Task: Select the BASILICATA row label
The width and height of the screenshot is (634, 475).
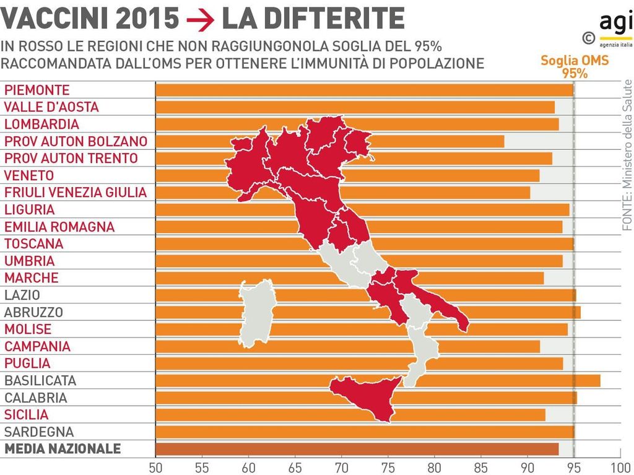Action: (x=40, y=380)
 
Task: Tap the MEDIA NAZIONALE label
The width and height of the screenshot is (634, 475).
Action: (x=63, y=449)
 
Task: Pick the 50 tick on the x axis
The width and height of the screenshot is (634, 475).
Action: (x=155, y=466)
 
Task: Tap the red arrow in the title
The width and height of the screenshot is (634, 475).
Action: (x=200, y=20)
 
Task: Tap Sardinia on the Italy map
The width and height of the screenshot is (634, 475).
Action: (x=258, y=313)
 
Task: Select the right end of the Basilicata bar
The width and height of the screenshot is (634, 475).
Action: (x=599, y=380)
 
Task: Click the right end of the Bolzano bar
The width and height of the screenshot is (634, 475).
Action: (x=503, y=141)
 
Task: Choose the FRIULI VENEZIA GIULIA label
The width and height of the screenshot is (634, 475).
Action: (x=76, y=193)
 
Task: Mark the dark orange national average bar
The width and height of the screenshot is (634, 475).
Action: (x=357, y=449)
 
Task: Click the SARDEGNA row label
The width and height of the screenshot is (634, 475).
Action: (x=39, y=432)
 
